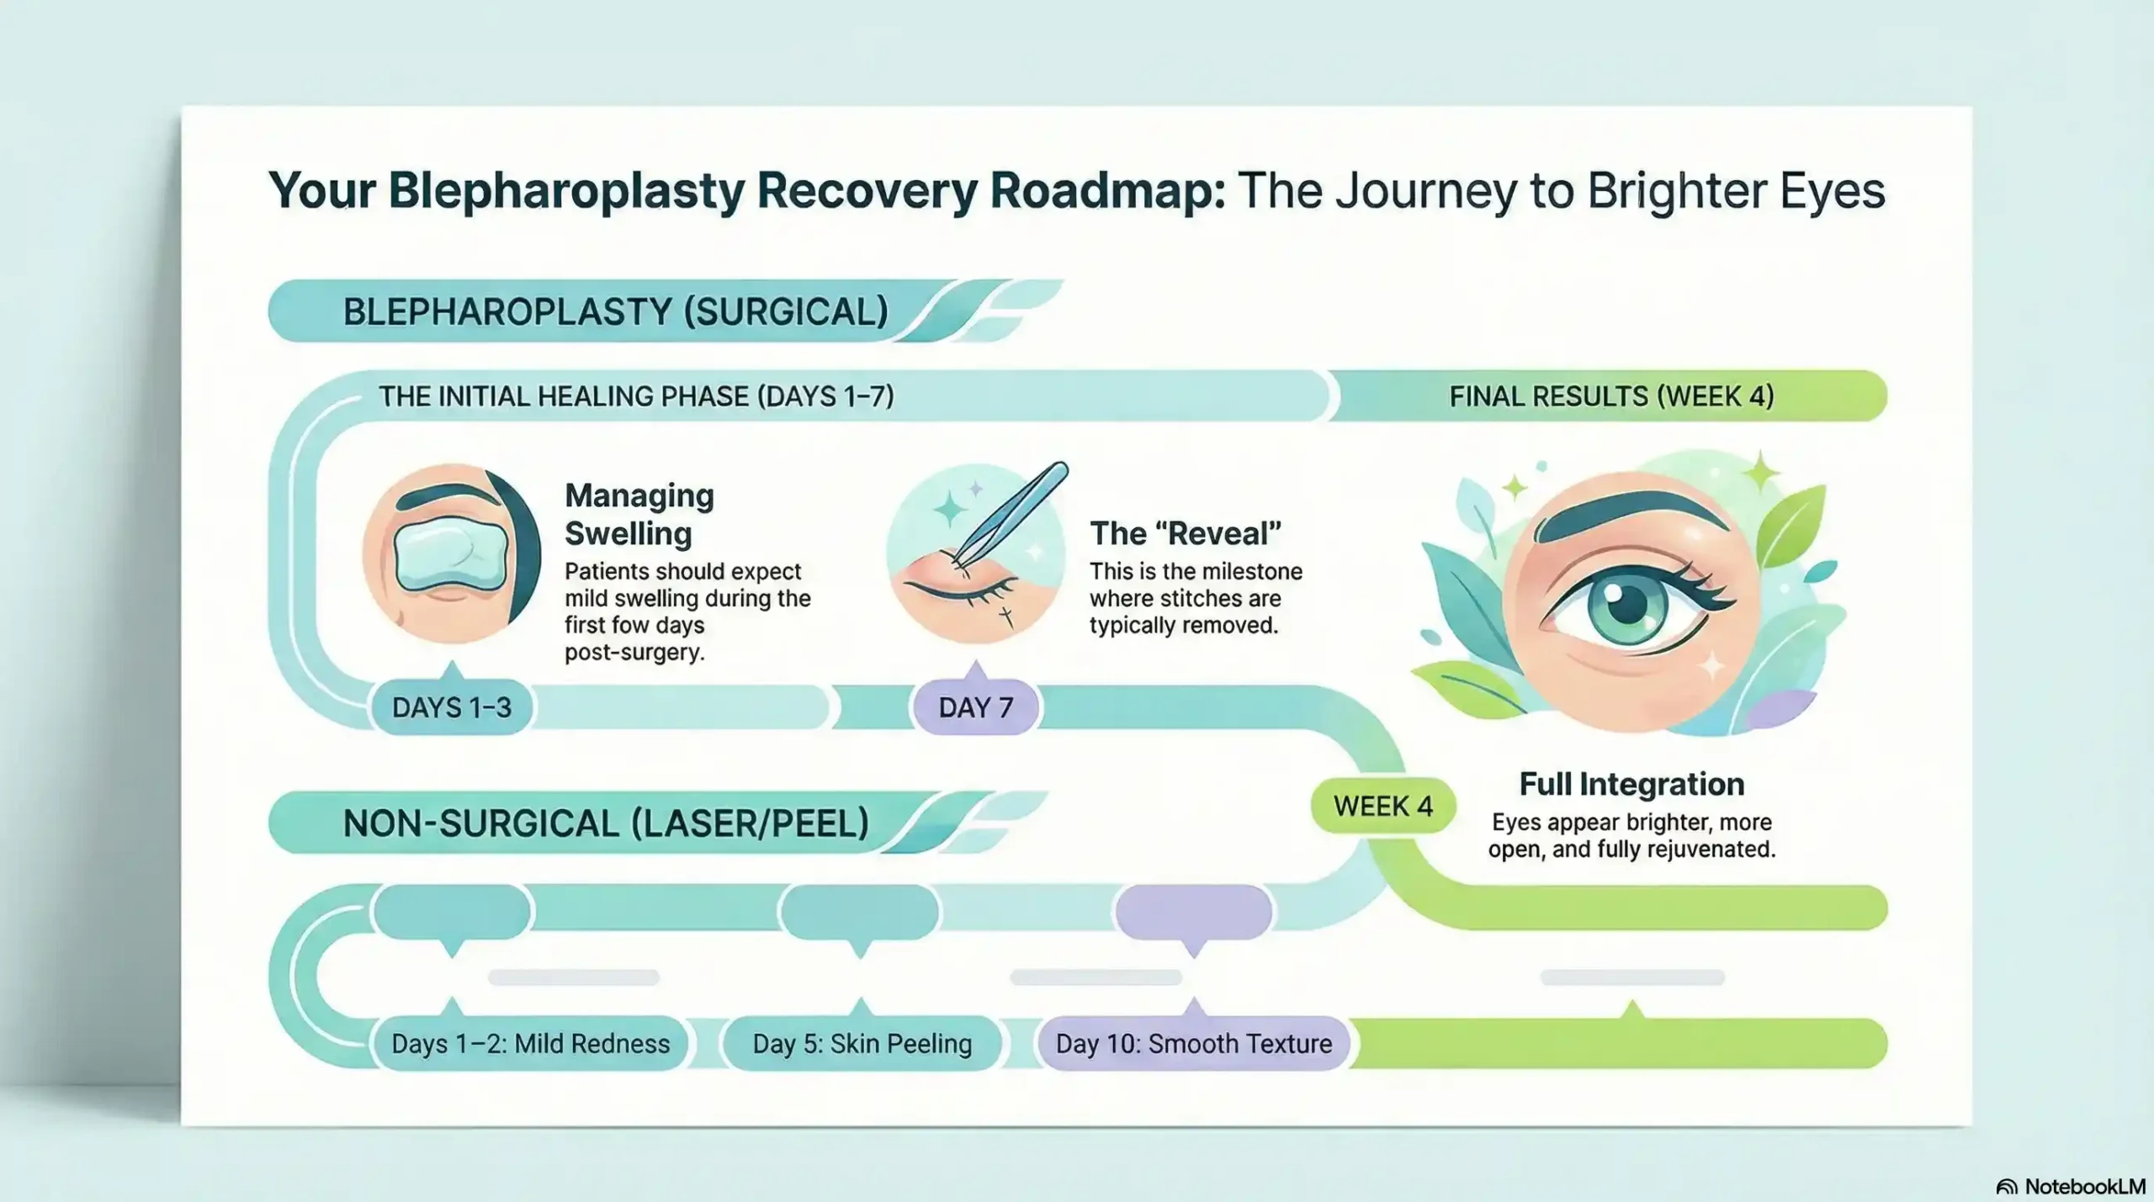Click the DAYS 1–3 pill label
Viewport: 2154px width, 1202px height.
(452, 707)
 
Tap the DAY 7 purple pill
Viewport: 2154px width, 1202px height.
(975, 707)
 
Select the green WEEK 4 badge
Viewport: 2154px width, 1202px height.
(1382, 806)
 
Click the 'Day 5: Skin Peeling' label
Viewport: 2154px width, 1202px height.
(862, 1044)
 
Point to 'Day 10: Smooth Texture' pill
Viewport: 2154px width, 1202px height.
(1193, 1044)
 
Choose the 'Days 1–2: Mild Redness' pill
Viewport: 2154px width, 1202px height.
(530, 1044)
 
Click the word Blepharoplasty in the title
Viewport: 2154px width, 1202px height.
(566, 191)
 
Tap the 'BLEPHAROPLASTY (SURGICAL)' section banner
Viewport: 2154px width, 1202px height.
(615, 312)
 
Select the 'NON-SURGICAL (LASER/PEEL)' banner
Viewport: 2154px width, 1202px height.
(606, 823)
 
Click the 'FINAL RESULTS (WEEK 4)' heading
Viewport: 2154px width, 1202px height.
(1610, 396)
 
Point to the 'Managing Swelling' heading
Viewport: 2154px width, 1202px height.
(639, 514)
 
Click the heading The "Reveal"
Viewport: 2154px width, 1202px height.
(1185, 533)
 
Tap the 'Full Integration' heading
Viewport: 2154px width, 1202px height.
(1631, 784)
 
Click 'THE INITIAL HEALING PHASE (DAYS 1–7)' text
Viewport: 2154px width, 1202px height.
(636, 396)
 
